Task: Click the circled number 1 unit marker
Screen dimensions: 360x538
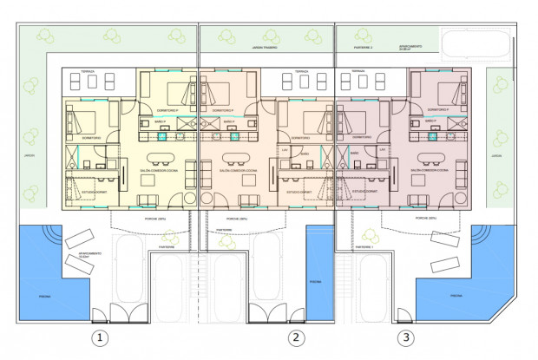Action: click(102, 337)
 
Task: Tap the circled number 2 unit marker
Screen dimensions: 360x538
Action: click(297, 337)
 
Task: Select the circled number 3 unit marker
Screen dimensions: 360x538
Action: click(404, 337)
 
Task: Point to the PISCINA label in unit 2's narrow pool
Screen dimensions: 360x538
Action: click(315, 282)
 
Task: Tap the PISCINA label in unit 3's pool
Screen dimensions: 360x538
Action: click(456, 296)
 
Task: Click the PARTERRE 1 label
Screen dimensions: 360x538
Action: click(364, 246)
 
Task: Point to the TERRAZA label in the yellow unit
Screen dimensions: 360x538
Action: click(88, 71)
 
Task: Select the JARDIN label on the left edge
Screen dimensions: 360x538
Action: click(30, 156)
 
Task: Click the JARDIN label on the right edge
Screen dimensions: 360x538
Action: click(495, 156)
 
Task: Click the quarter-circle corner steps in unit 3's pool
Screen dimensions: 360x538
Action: click(478, 237)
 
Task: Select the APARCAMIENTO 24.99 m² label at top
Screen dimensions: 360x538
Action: click(410, 49)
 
